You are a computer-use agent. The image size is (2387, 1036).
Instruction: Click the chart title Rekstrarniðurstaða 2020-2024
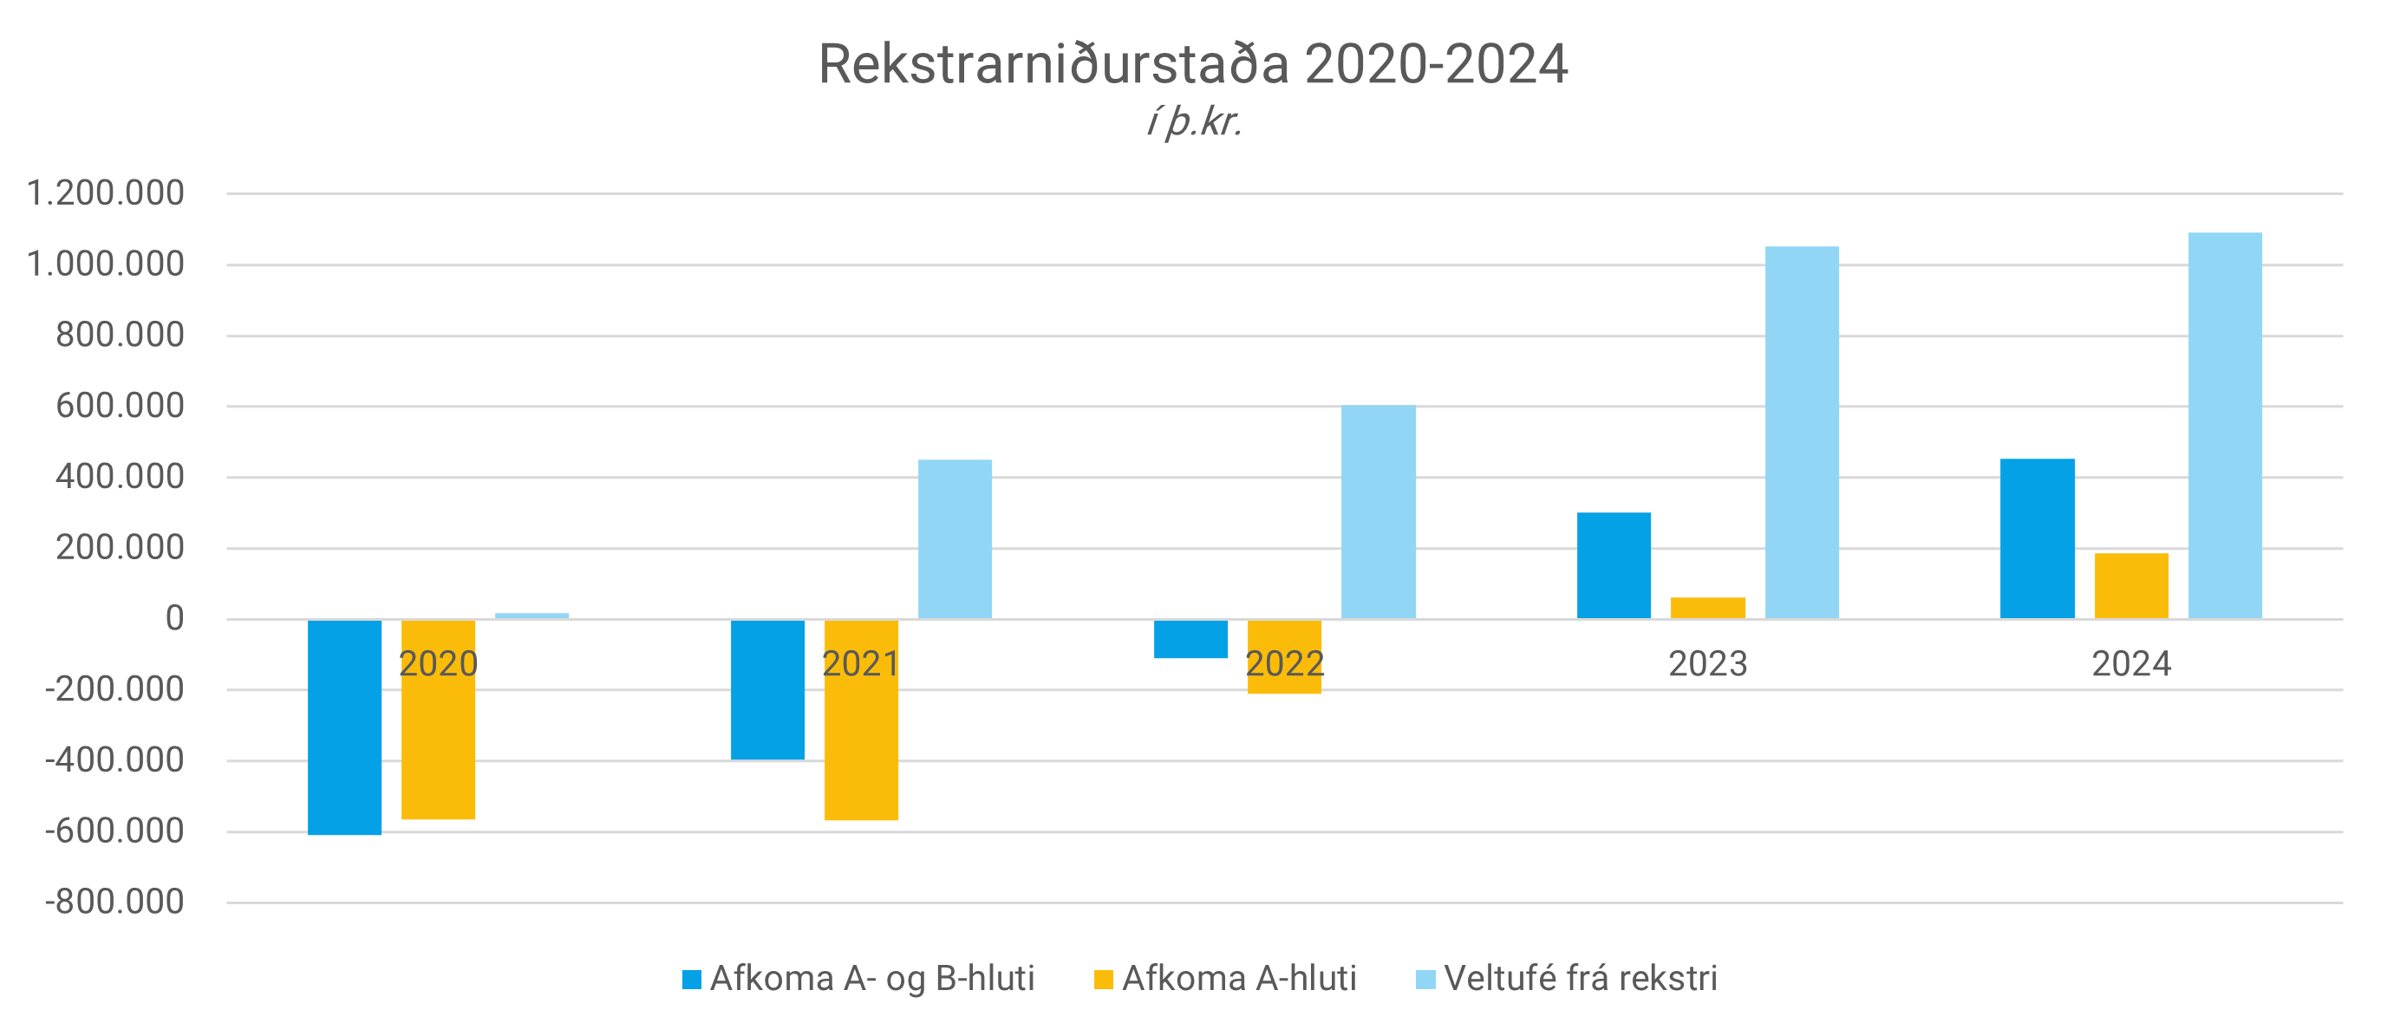point(1192,65)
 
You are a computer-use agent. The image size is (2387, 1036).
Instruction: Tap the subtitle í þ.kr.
point(1193,122)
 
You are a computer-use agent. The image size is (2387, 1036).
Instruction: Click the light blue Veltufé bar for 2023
point(1802,432)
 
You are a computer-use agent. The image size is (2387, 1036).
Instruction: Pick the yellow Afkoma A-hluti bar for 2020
point(439,741)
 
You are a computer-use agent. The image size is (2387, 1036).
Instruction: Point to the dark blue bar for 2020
point(345,727)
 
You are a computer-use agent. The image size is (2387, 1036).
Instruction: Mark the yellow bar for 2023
point(1708,608)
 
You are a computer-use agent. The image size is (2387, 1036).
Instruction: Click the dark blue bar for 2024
point(2038,538)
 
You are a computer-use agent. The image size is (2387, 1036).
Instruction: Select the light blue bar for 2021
point(955,538)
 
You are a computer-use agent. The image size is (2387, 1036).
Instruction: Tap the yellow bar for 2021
point(861,741)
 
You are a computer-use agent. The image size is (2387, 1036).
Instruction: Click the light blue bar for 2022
point(1378,511)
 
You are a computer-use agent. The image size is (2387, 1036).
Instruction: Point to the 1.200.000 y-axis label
point(106,192)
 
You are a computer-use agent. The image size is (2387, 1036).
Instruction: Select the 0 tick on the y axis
point(174,618)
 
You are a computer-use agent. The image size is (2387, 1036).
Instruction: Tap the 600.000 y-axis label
point(120,406)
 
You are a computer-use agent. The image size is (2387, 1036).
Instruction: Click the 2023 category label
point(1707,663)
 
